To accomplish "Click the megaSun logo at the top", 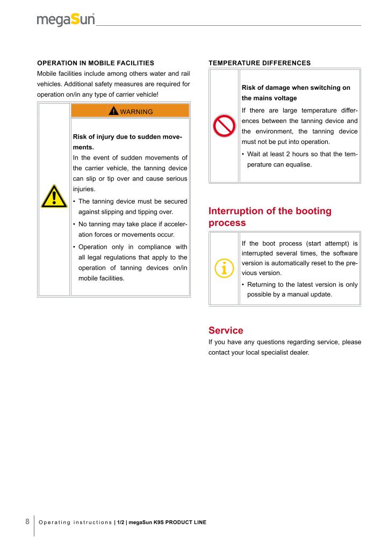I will (x=66, y=20).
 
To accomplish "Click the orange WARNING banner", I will (x=130, y=111).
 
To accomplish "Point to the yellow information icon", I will (x=224, y=268).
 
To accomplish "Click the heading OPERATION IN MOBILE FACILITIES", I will (x=96, y=63).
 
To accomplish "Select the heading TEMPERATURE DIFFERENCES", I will (x=260, y=63).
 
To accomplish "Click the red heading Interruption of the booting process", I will (x=270, y=216).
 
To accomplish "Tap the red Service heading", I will (x=226, y=330).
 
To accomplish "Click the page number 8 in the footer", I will (x=27, y=521).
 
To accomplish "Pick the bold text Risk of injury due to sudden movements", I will (x=127, y=142).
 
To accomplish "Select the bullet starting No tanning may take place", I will (x=129, y=229).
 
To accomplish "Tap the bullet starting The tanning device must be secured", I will (x=129, y=206).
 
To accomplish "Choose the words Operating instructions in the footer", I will (x=76, y=522).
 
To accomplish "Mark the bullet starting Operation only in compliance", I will (x=129, y=263).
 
